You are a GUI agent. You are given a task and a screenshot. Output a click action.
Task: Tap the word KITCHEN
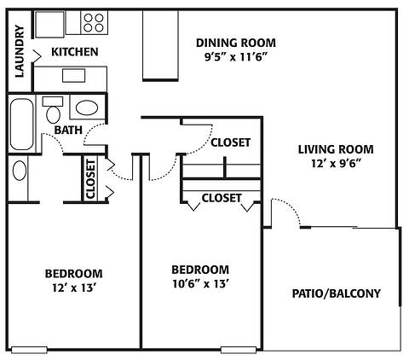75,52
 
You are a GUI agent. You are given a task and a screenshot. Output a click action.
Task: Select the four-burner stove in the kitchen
93,23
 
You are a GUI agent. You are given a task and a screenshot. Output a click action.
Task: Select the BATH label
68,131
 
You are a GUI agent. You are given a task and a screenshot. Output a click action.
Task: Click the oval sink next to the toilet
86,108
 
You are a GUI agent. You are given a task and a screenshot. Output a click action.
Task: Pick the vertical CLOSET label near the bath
90,179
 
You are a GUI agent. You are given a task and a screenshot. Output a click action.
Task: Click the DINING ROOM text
236,44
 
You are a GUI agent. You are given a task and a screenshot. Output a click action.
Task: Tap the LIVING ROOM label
335,149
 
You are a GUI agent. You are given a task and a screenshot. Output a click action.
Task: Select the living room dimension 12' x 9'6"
335,165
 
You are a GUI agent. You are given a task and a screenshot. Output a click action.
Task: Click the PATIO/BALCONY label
335,294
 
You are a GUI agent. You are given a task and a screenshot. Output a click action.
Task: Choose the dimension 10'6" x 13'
199,284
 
